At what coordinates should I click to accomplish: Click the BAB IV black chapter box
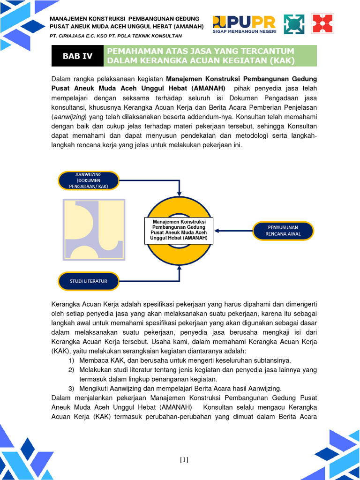[78, 56]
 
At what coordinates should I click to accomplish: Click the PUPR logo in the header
[244, 24]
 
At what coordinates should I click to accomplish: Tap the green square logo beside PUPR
[294, 24]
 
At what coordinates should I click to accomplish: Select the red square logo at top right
[322, 24]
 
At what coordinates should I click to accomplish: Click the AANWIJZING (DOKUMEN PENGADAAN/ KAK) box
[89, 180]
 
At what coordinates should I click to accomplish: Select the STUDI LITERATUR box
[89, 281]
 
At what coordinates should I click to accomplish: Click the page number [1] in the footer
[184, 459]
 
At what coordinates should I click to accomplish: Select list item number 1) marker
[71, 360]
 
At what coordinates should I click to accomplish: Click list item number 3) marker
[71, 389]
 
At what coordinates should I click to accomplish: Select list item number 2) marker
[71, 370]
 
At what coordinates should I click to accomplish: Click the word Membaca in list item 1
[92, 360]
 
